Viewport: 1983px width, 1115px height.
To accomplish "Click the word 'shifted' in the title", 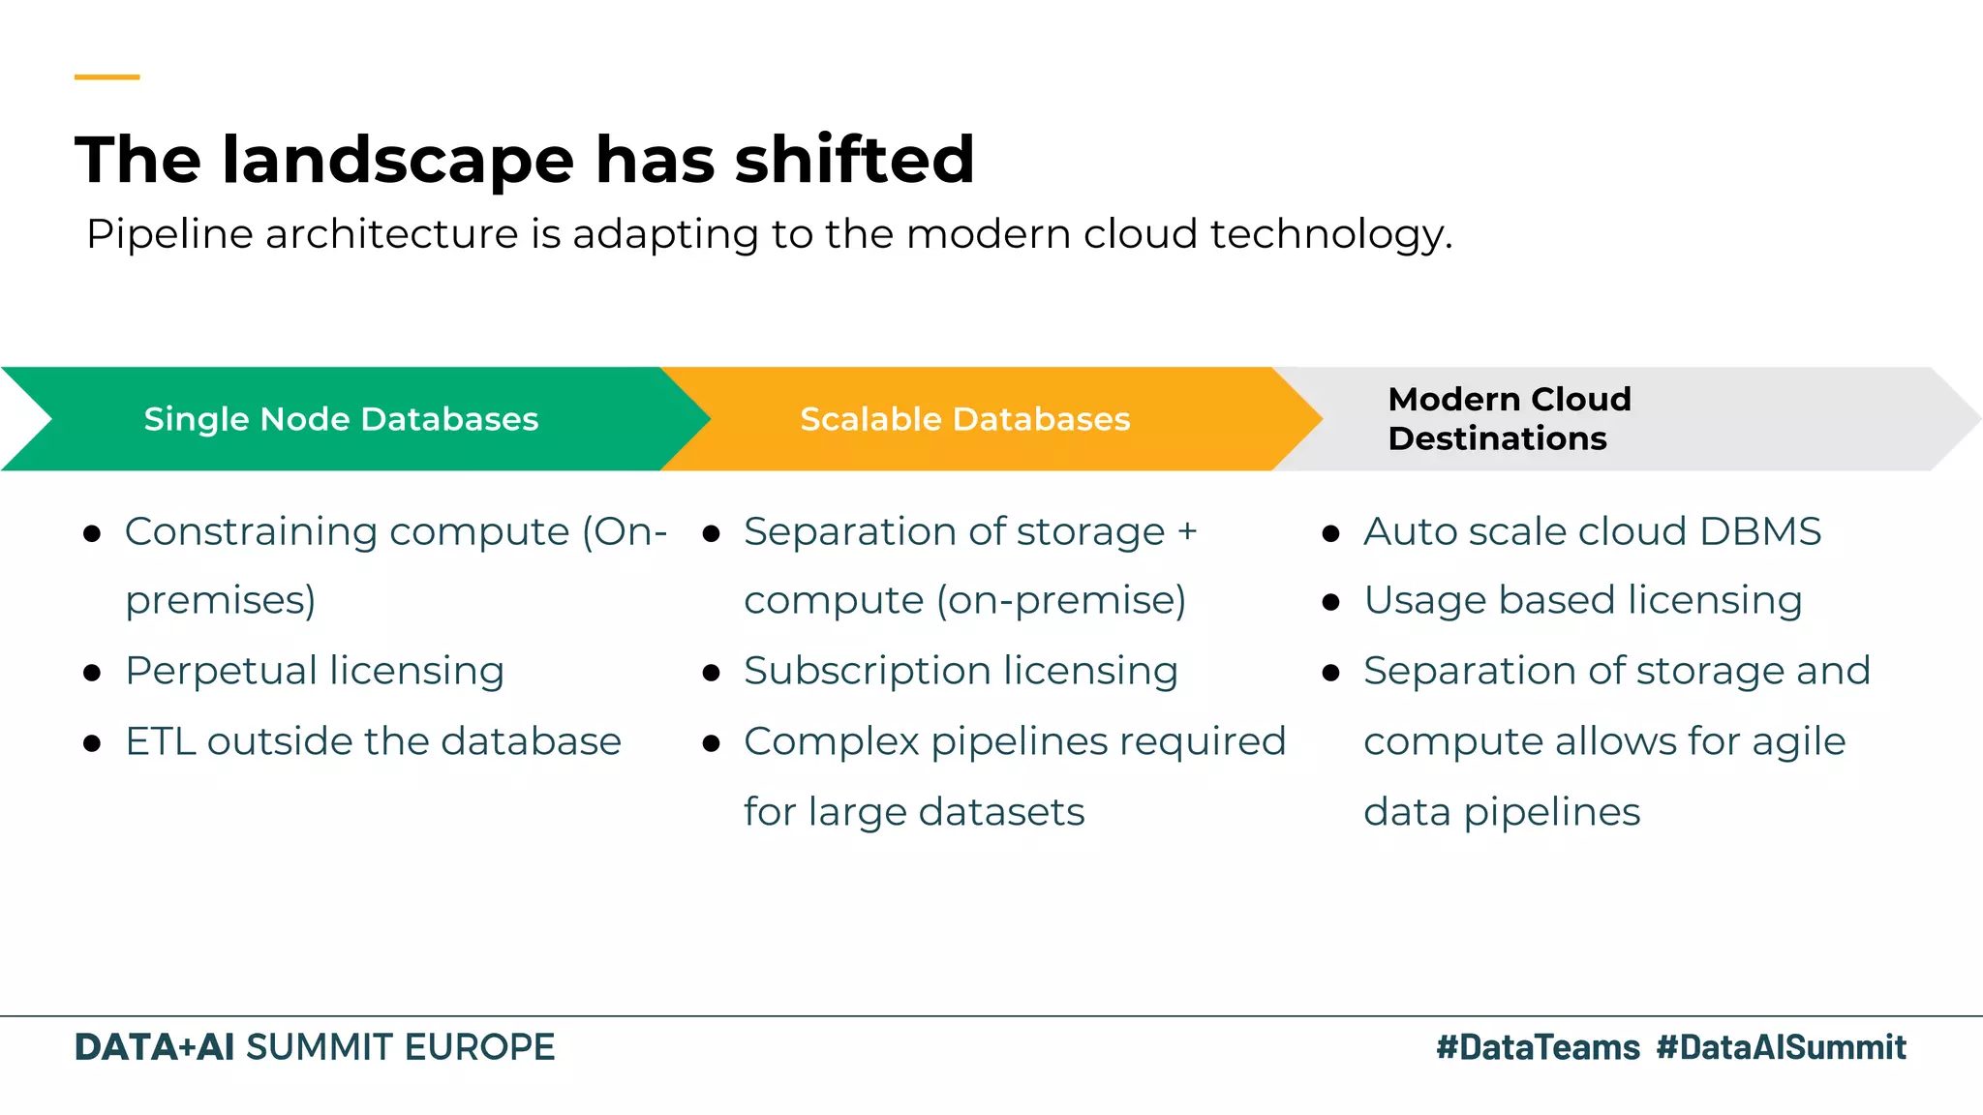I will coord(854,160).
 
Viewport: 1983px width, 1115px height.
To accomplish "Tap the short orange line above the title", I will coord(107,76).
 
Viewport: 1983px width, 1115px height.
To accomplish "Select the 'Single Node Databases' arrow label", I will coord(341,419).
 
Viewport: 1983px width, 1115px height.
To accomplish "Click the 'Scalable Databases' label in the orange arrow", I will coord(964,419).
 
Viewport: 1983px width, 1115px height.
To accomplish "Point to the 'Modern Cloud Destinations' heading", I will coord(1509,418).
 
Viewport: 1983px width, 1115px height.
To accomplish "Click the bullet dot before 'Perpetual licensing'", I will coord(92,674).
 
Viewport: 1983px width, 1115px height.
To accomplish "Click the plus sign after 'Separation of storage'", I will coord(1187,531).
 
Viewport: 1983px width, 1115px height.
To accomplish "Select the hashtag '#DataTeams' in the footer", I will coord(1538,1047).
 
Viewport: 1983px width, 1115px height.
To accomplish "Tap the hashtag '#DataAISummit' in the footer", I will coord(1781,1047).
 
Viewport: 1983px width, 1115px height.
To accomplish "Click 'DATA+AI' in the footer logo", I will coord(154,1047).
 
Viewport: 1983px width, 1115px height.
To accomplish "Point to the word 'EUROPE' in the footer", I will coord(479,1047).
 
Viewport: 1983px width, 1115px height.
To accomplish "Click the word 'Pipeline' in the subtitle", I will coord(168,235).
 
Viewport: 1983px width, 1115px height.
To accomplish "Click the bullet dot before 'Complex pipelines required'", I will coord(712,744).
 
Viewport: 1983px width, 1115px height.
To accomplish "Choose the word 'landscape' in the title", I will coord(398,160).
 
